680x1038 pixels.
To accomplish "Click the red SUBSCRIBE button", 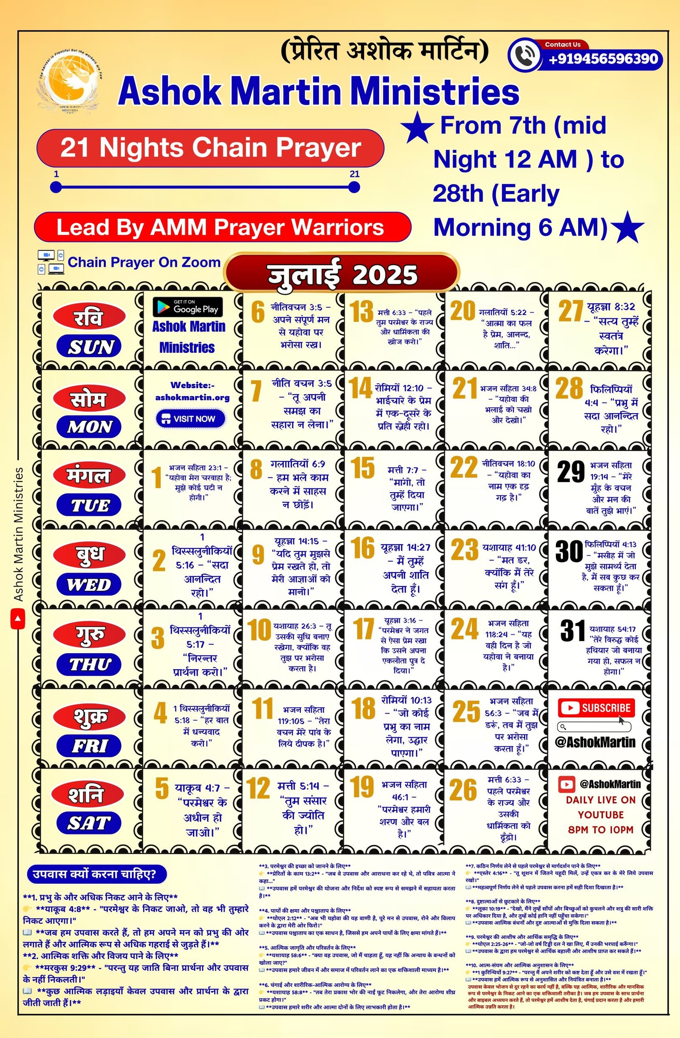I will (596, 708).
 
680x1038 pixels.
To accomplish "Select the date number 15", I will (363, 468).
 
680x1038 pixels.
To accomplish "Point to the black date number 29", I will (570, 472).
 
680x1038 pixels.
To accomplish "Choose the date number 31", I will (572, 631).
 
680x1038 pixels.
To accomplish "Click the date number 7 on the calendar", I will (256, 390).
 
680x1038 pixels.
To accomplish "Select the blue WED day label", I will (89, 584).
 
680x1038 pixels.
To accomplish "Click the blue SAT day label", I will (89, 823).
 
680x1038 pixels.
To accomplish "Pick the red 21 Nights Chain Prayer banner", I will (210, 148).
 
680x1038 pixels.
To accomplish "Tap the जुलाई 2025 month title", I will (342, 274).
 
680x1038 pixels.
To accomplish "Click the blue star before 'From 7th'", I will (417, 128).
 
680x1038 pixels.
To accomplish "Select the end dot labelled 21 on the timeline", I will (354, 187).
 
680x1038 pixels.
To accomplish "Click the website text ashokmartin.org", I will (193, 398).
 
